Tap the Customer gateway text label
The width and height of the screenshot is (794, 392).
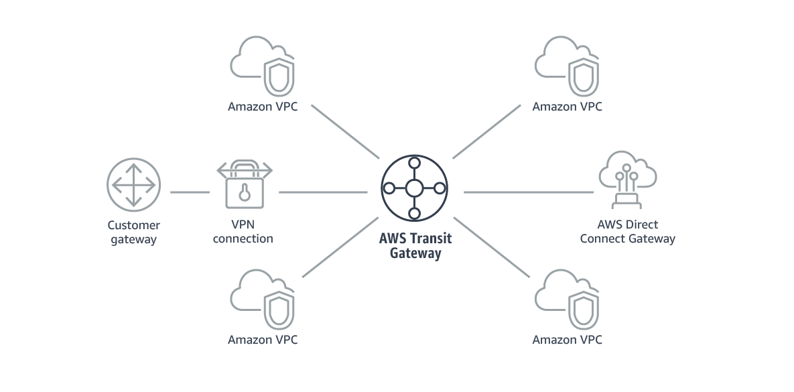pyautogui.click(x=133, y=233)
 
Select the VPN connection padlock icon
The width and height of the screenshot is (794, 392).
pyautogui.click(x=244, y=184)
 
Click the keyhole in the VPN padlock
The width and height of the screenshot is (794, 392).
pyautogui.click(x=244, y=193)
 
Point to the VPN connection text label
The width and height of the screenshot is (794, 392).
pyautogui.click(x=243, y=232)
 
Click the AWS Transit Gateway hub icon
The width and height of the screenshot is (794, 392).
pyautogui.click(x=414, y=188)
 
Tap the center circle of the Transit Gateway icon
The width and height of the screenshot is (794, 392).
pyautogui.click(x=414, y=188)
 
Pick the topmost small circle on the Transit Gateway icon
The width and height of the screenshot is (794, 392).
pyautogui.click(x=414, y=162)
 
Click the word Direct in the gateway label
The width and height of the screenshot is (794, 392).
pyautogui.click(x=643, y=225)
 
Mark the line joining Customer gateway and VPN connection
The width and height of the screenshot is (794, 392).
pyautogui.click(x=190, y=192)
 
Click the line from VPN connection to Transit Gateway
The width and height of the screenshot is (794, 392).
pyautogui.click(x=323, y=192)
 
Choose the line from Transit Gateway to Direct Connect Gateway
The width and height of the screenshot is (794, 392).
pyautogui.click(x=528, y=192)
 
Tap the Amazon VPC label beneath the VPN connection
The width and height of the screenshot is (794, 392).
pyautogui.click(x=263, y=340)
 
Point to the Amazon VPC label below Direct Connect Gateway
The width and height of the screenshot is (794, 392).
pyautogui.click(x=568, y=340)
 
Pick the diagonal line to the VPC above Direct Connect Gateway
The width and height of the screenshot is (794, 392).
pyautogui.click(x=486, y=132)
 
